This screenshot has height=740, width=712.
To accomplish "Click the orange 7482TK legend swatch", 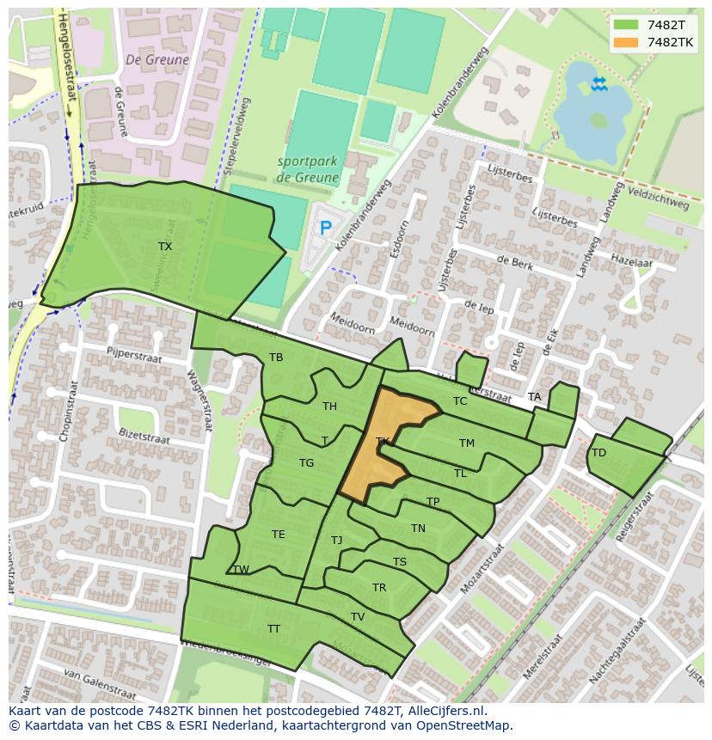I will tap(625, 42).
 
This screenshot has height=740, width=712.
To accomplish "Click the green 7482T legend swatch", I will tap(625, 25).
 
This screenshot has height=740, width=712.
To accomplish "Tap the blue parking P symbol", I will tap(325, 228).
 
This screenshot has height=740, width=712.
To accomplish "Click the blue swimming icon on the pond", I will tap(598, 83).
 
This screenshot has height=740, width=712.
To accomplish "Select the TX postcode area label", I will tap(164, 247).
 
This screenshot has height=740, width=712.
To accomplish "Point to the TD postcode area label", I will tap(598, 453).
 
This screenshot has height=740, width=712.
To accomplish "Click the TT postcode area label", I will tap(273, 629).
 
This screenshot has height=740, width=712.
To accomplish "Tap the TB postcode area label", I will tap(276, 358).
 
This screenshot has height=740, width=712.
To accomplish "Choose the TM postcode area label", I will tap(466, 443).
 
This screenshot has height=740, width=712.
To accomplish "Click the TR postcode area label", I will tap(379, 588).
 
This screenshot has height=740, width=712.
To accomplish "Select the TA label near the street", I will tap(535, 397).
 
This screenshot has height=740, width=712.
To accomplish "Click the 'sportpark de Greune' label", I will tap(308, 169).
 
